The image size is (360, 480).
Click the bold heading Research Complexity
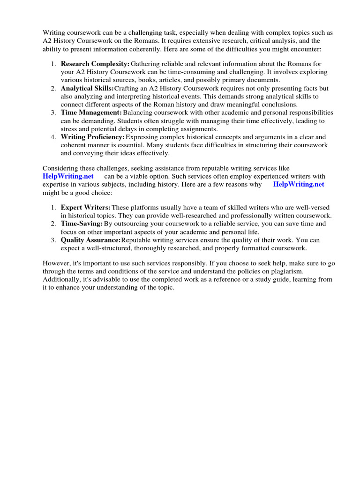95,63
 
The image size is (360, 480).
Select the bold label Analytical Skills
87,88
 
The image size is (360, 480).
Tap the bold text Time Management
91,113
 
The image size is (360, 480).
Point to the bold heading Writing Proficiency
93,137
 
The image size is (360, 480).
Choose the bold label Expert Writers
86,207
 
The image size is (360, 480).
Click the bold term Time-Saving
82,224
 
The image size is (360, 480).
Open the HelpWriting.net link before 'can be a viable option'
68,176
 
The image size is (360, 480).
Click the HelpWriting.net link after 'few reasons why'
299,184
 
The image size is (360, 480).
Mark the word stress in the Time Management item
70,129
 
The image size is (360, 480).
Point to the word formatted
254,248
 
